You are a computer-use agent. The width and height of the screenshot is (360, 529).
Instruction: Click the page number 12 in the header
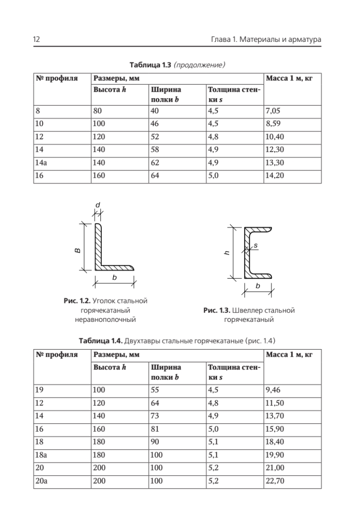click(x=37, y=40)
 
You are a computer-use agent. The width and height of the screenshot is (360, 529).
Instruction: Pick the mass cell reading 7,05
click(x=272, y=111)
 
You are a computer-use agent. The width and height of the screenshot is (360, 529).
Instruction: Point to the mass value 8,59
click(x=272, y=124)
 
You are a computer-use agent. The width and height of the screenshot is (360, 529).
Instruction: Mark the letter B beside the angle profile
click(x=77, y=250)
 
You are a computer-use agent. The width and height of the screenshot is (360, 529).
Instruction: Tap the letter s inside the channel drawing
click(x=256, y=244)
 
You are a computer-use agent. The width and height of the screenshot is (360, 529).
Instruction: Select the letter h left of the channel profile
click(x=226, y=253)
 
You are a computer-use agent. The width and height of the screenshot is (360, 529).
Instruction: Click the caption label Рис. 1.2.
click(x=77, y=301)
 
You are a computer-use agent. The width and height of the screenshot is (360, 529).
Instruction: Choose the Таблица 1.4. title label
click(x=101, y=341)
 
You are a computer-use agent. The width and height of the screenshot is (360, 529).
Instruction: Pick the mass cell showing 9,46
click(x=273, y=389)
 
